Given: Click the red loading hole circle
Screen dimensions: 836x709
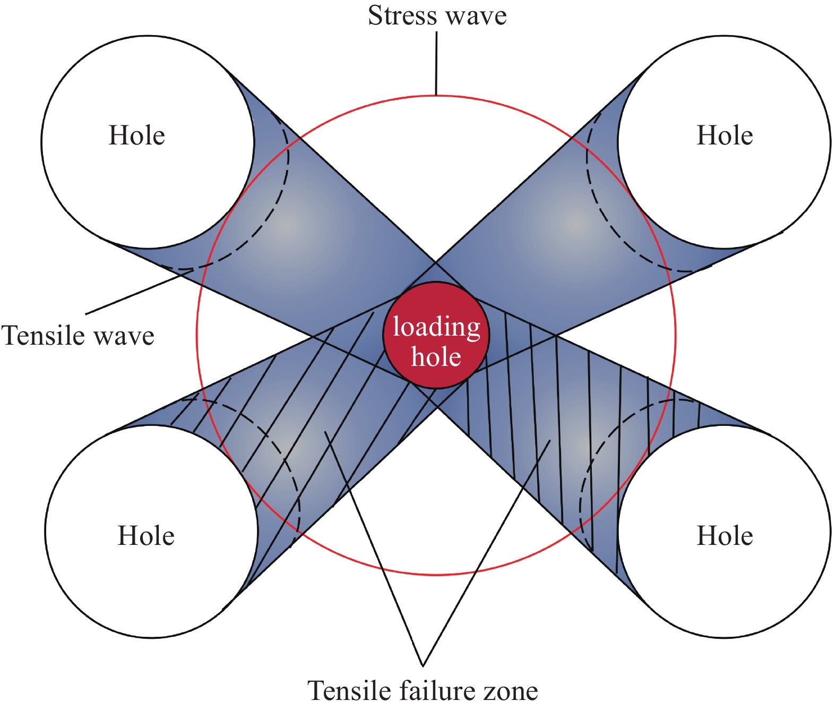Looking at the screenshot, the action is tap(436, 336).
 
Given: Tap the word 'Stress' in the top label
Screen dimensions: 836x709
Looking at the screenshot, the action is tap(402, 16).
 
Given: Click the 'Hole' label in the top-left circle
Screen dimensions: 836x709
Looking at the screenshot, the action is tap(137, 135).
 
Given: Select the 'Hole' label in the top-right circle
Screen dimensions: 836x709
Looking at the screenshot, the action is tap(725, 135).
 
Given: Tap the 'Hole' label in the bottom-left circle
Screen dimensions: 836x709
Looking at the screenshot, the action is tap(146, 536).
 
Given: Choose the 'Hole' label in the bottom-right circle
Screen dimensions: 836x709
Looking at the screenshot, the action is tap(725, 536).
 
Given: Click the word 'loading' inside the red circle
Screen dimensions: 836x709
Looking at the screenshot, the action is tap(436, 327).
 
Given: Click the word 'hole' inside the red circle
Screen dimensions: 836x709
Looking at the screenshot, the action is tap(436, 356).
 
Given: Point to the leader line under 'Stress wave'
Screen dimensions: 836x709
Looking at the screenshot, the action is tap(436, 64).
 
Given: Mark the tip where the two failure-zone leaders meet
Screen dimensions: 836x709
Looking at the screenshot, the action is tap(423, 665).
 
